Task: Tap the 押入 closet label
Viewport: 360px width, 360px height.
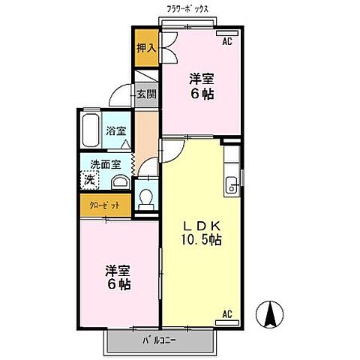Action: coord(145,48)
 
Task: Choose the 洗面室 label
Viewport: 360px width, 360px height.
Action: coord(106,163)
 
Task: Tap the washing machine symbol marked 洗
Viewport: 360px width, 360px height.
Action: coord(90,180)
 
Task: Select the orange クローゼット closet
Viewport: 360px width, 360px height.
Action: coord(106,205)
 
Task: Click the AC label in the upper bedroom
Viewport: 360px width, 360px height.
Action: coord(227,41)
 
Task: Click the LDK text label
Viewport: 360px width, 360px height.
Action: coord(199,223)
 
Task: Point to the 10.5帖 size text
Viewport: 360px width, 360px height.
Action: coord(199,240)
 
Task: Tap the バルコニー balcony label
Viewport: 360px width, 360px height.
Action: coord(160,339)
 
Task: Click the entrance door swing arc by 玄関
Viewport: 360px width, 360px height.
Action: coord(120,96)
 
